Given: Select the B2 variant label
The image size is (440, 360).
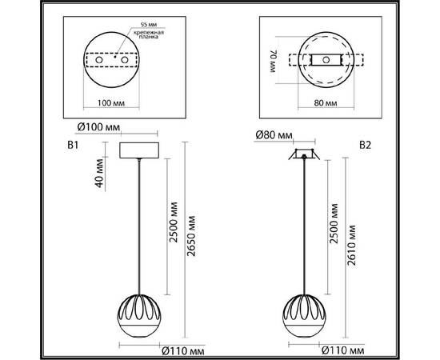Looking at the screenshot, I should (365, 146).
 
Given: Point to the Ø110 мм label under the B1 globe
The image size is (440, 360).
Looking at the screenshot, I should (184, 349).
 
